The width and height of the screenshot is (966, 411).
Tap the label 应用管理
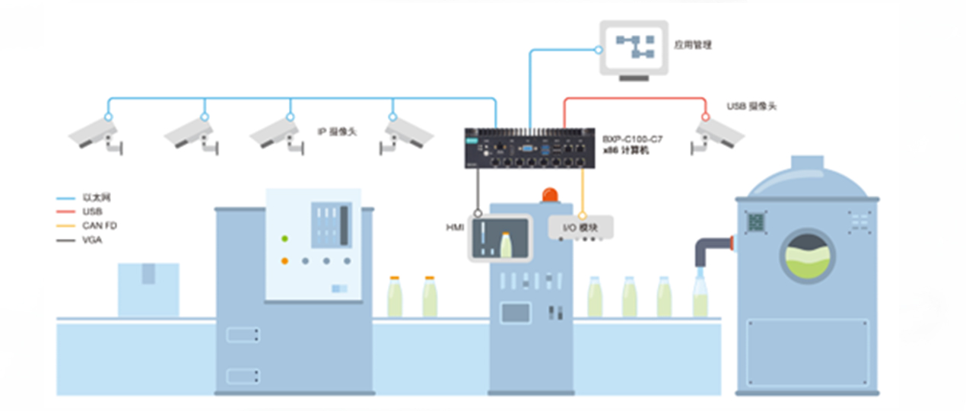[692, 45]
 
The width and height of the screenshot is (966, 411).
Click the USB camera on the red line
[717, 135]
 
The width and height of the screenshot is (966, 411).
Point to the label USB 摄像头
[752, 106]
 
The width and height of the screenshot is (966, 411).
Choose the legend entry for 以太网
[91, 197]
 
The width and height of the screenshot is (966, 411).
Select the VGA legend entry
[91, 240]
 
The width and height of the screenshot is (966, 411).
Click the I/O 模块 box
[581, 227]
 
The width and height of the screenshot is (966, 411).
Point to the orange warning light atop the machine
[549, 195]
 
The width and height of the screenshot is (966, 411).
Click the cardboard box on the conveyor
[148, 288]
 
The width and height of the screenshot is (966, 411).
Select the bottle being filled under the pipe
[700, 297]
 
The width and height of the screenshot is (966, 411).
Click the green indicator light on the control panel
[284, 239]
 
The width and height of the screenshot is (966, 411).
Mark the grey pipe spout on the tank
[711, 249]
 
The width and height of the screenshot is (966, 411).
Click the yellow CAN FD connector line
[583, 190]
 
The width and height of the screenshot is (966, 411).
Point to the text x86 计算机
[626, 151]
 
